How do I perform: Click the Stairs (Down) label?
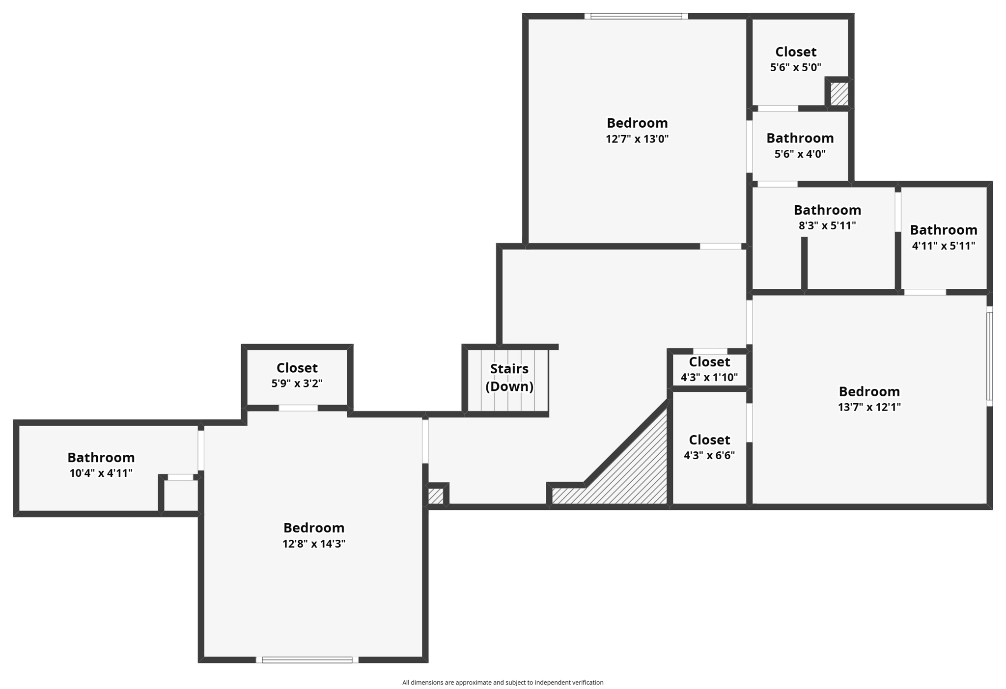point(509,377)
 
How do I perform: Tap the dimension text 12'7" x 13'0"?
point(637,139)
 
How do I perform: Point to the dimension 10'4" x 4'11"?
point(101,473)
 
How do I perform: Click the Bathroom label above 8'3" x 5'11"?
point(827,210)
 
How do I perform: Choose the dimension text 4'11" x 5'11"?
point(943,246)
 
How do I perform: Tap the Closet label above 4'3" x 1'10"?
point(709,362)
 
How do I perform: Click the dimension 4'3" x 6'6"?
point(709,455)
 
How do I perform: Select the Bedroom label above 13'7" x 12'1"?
point(869,391)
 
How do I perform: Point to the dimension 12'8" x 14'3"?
point(314,544)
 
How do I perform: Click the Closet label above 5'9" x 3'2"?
point(297,368)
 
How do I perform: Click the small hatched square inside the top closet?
point(839,93)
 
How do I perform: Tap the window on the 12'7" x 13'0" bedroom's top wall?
point(636,16)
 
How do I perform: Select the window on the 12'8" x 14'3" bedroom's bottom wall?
point(307,660)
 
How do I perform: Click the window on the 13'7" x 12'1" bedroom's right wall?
point(990,356)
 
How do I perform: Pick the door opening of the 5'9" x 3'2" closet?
point(298,408)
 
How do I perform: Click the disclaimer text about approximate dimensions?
point(503,682)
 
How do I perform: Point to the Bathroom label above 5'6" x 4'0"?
point(800,138)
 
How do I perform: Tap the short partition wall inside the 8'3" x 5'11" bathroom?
point(804,263)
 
